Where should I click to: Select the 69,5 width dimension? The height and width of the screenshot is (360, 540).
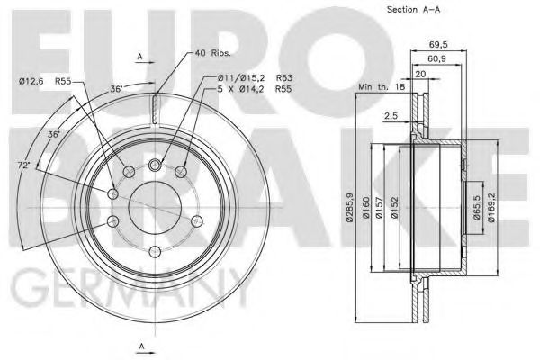[439, 42]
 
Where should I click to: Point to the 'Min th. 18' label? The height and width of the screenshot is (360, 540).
[382, 85]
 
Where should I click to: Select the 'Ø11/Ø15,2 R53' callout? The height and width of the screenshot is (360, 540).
[248, 78]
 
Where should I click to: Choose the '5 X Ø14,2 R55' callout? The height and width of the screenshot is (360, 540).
[248, 91]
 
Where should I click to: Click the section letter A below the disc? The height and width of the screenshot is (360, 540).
[140, 346]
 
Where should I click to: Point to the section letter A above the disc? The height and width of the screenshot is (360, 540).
[140, 57]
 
